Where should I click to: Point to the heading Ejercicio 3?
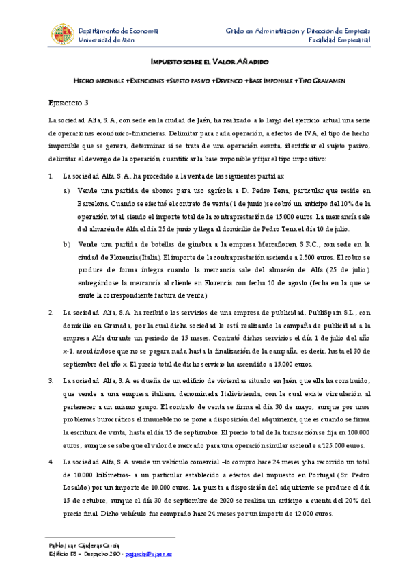click(68, 103)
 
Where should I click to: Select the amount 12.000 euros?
click(311, 512)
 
